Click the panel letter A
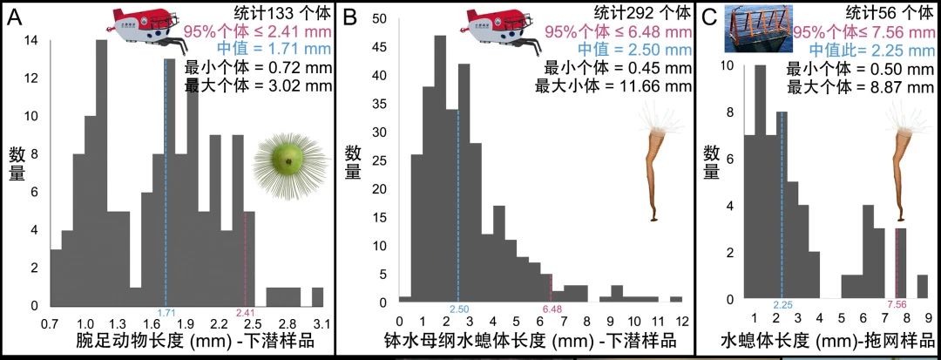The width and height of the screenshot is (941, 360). pyautogui.click(x=15, y=17)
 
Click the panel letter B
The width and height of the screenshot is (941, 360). pyautogui.click(x=350, y=17)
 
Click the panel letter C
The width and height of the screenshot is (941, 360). pyautogui.click(x=710, y=17)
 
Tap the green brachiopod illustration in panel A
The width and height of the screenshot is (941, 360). pyautogui.click(x=285, y=158)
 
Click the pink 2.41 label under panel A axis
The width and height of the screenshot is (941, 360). pyautogui.click(x=245, y=312)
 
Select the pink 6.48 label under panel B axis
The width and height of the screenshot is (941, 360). pyautogui.click(x=552, y=309)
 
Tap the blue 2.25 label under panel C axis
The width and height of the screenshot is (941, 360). pyautogui.click(x=783, y=304)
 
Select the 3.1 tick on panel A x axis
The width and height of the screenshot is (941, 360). pyautogui.click(x=321, y=323)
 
